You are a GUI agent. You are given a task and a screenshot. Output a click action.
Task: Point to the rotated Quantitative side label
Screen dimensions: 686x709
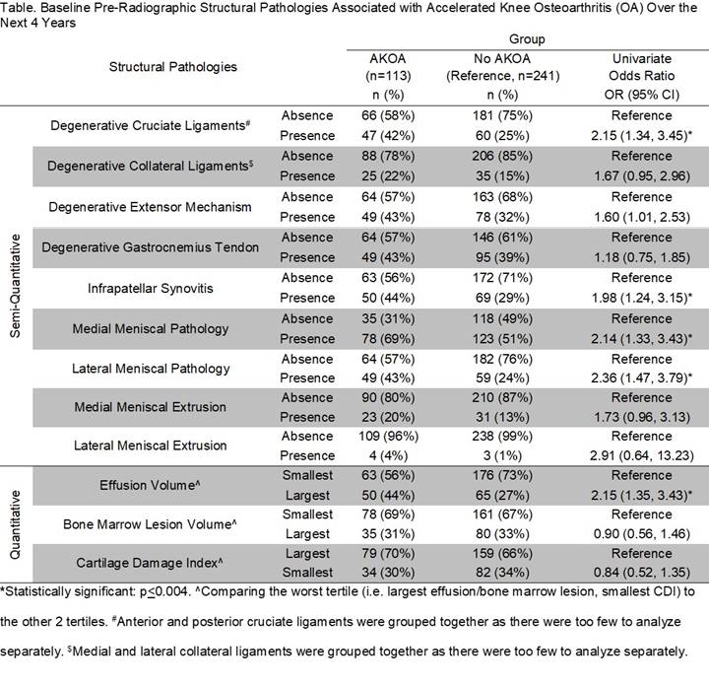14,525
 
